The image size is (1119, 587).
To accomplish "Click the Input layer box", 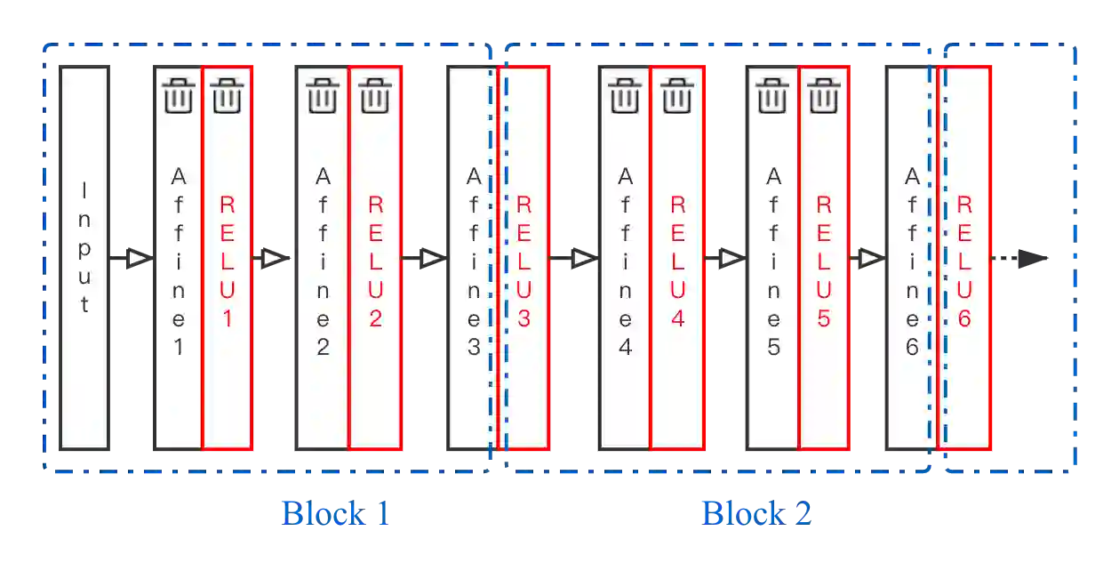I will pyautogui.click(x=84, y=257).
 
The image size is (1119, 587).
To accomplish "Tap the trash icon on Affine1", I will pyautogui.click(x=179, y=95).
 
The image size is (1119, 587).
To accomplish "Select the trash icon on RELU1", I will pyautogui.click(x=228, y=95).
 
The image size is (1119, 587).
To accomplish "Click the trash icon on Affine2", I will pyautogui.click(x=322, y=95).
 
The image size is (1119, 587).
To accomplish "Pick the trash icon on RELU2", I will pyautogui.click(x=375, y=95).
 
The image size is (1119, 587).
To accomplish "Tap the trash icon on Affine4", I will pyautogui.click(x=625, y=95).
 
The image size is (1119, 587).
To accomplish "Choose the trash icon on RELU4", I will pyautogui.click(x=677, y=95).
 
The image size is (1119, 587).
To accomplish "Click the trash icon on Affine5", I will pyautogui.click(x=773, y=95).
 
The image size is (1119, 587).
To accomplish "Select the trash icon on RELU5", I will pyautogui.click(x=824, y=95).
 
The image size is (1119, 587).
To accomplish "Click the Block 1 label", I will pyautogui.click(x=336, y=512).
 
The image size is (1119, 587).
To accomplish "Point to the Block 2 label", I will pyautogui.click(x=757, y=512).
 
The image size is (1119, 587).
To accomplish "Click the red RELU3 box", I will pyautogui.click(x=524, y=257).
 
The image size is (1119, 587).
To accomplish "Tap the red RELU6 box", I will pyautogui.click(x=965, y=257).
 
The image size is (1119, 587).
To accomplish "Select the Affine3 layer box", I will pyautogui.click(x=471, y=257).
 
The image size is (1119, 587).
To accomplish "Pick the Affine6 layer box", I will pyautogui.click(x=910, y=257).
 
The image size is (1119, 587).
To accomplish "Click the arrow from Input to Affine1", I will pyautogui.click(x=136, y=258).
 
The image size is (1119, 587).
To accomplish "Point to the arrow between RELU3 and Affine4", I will pyautogui.click(x=581, y=258).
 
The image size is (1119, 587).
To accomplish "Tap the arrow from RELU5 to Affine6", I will pyautogui.click(x=868, y=258).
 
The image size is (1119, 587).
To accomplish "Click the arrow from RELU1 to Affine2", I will pyautogui.click(x=273, y=258).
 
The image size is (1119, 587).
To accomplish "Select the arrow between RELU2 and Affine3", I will pyautogui.click(x=430, y=258).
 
